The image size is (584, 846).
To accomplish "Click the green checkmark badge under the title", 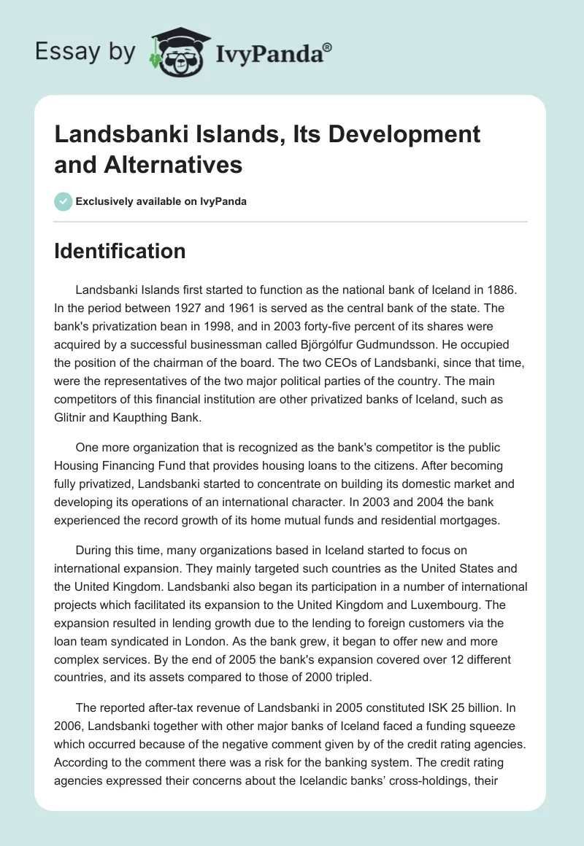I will click(x=63, y=201).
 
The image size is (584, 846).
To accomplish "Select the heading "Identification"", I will click(x=120, y=251).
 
